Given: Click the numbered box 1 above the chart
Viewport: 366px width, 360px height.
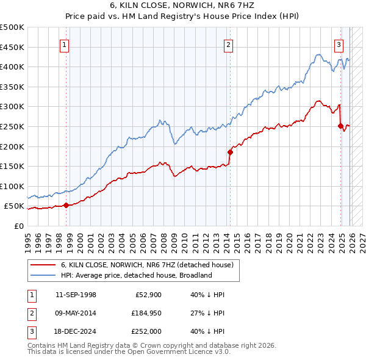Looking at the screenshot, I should [x=65, y=44].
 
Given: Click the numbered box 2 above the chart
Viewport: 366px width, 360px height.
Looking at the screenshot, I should [x=228, y=44].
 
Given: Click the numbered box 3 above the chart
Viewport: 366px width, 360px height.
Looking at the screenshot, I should [x=339, y=44].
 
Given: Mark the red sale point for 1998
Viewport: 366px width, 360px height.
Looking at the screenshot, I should [x=66, y=205].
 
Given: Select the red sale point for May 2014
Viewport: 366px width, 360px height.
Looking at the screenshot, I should [x=230, y=152].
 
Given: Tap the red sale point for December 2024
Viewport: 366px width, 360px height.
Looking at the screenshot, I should [x=340, y=126].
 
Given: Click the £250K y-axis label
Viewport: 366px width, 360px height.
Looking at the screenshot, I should [x=12, y=126].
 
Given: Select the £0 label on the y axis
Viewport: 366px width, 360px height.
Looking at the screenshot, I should [x=20, y=226].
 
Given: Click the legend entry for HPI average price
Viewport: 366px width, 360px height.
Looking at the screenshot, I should [x=135, y=275].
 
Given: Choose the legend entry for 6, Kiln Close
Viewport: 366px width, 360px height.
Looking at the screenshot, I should [x=146, y=265].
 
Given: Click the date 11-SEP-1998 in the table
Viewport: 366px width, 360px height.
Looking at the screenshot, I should [x=76, y=295].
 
